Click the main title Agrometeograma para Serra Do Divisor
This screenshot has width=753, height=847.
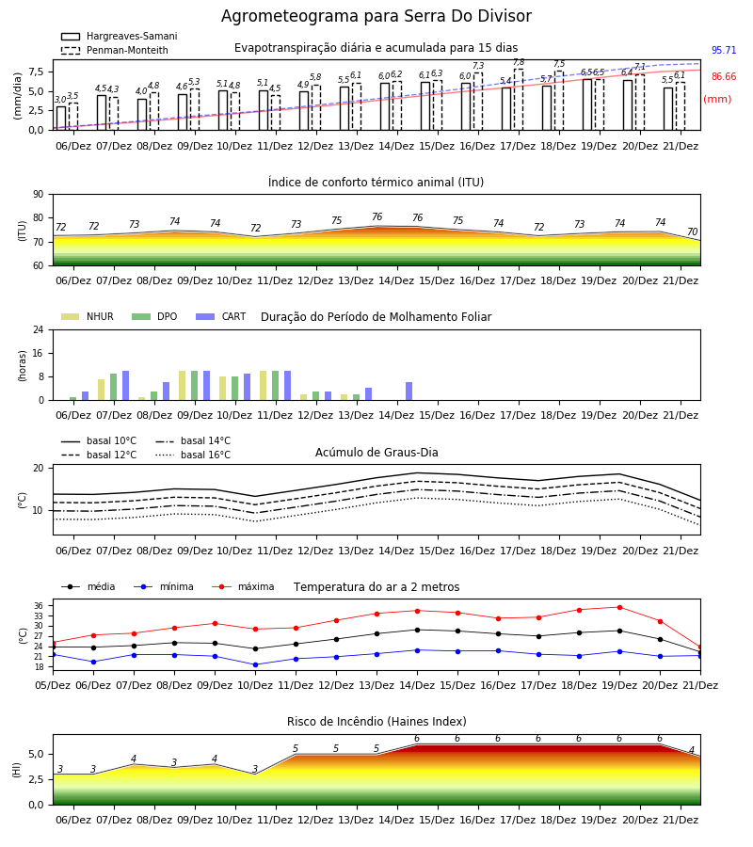pos(376,16)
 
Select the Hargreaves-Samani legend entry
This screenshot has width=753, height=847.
pos(119,36)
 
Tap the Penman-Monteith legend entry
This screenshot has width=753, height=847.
pos(115,50)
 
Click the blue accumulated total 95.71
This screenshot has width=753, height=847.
pos(724,50)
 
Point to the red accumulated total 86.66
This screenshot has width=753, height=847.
pos(724,77)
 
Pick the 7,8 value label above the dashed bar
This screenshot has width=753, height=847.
pos(519,63)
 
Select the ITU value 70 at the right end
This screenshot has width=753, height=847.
pos(692,232)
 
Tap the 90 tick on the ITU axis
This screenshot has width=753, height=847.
pos(39,194)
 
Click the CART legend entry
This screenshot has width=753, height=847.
pos(221,316)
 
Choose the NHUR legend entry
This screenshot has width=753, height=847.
pos(88,316)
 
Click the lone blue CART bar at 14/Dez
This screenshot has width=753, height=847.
pos(409,392)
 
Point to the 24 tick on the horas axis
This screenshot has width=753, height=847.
pos(39,329)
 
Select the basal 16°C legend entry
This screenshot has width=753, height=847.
pos(193,455)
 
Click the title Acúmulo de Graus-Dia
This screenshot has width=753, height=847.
pos(376,453)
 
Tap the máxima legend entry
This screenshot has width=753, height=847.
pos(243,586)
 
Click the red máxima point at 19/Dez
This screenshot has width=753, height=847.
pos(619,607)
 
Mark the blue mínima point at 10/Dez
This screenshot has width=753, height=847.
pos(255,665)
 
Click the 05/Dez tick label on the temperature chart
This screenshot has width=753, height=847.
pos(53,685)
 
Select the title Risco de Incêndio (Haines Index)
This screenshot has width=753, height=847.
pos(376,722)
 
